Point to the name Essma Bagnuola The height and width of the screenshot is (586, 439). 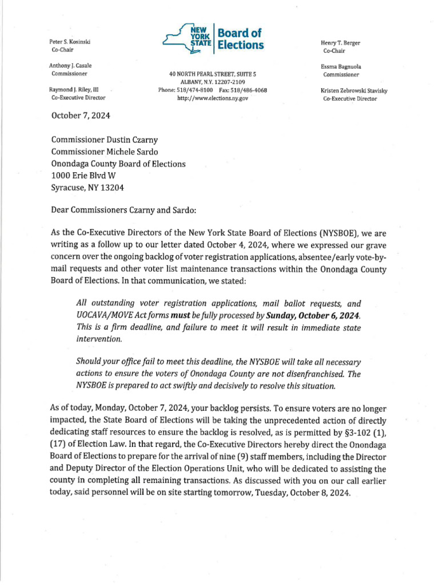341,66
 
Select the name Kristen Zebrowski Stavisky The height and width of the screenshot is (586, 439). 358,90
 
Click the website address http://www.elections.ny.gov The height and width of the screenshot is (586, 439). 213,98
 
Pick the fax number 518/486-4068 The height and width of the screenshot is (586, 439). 248,90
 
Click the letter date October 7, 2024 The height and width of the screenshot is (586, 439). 81,115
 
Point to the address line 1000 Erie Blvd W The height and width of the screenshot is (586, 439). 87,176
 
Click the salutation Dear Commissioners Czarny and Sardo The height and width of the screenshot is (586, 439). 123,210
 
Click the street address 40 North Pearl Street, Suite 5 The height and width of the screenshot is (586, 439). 213,75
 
